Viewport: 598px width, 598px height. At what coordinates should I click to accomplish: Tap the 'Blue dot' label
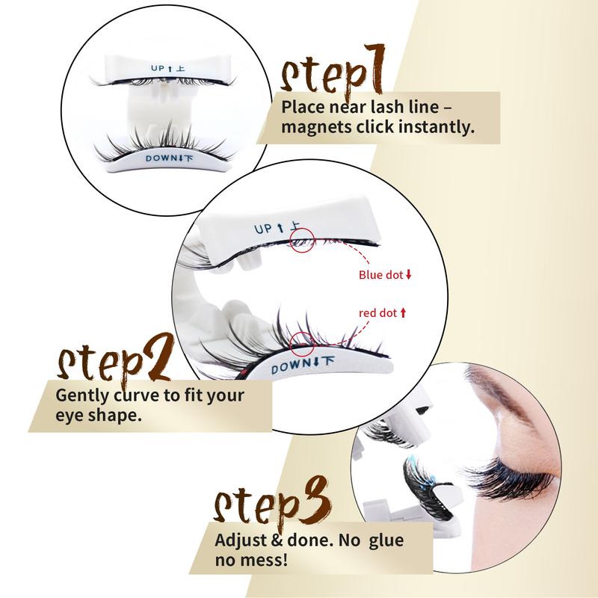381,275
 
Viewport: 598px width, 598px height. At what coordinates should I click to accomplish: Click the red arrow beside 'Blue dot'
409,275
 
